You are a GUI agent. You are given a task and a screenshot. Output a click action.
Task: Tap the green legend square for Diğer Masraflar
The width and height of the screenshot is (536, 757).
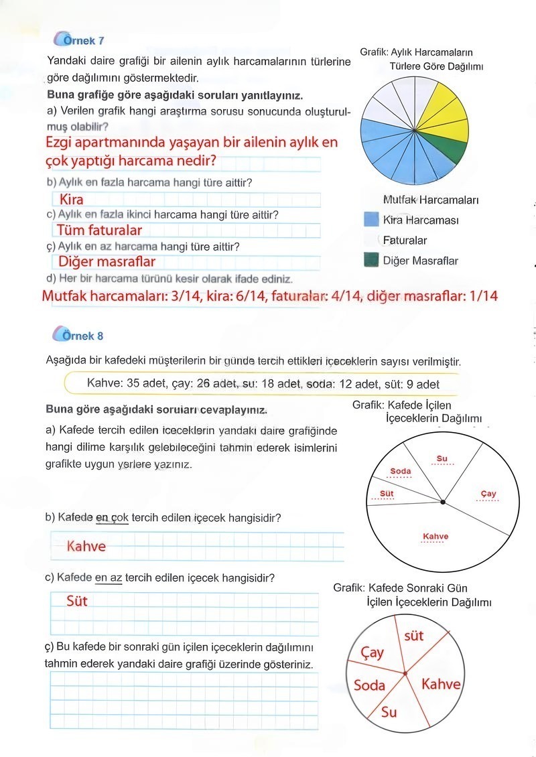371,260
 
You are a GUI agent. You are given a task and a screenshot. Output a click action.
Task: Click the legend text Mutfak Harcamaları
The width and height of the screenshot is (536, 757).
430,200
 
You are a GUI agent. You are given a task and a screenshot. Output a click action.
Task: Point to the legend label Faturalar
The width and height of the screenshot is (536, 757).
405,240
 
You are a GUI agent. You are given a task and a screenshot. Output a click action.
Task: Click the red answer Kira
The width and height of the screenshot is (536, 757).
71,199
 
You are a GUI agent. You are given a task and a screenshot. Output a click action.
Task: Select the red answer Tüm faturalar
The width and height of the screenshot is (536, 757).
99,230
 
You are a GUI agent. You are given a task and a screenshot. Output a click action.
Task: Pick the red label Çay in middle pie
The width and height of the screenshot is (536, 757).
488,494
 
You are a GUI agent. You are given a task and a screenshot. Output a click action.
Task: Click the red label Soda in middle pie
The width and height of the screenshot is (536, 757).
400,471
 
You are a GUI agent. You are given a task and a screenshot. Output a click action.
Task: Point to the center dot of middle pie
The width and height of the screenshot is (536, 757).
442,502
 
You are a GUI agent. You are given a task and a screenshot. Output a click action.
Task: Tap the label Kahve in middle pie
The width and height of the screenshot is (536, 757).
435,536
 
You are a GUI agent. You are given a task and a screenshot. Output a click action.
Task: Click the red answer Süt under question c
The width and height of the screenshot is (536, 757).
77,600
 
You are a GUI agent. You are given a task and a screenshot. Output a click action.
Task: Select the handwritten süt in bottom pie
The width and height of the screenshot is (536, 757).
414,634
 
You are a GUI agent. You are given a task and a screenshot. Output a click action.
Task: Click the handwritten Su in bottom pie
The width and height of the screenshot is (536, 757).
389,711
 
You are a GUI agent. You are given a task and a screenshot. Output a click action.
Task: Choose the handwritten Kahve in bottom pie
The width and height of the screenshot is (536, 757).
441,684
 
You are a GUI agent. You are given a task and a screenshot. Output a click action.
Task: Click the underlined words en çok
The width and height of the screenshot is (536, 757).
112,518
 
